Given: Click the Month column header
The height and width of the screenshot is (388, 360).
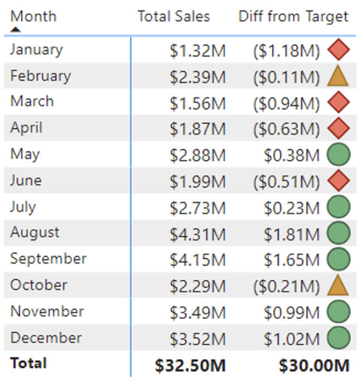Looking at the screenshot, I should click(x=33, y=16).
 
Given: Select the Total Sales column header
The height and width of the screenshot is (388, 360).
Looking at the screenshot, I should click(x=173, y=16).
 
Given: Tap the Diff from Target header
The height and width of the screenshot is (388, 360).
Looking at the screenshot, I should click(x=293, y=16).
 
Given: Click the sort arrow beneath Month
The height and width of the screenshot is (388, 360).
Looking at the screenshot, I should click(x=16, y=30).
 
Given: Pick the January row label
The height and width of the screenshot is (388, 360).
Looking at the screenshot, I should click(x=36, y=49).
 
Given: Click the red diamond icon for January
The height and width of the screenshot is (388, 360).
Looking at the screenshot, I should click(x=338, y=50).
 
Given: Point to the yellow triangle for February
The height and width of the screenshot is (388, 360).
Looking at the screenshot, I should click(x=338, y=76).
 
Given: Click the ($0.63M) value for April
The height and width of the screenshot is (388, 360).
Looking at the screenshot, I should click(x=286, y=129).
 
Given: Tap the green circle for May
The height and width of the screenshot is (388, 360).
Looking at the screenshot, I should click(x=338, y=155).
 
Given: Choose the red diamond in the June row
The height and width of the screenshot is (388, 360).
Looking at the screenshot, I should click(x=338, y=181).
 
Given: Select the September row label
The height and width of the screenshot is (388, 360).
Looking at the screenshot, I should click(x=48, y=259).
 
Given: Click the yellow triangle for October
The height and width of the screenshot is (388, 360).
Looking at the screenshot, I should click(x=338, y=285).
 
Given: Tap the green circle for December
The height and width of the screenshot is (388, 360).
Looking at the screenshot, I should click(x=338, y=338).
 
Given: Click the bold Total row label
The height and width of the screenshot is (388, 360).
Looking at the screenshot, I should click(x=29, y=363).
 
